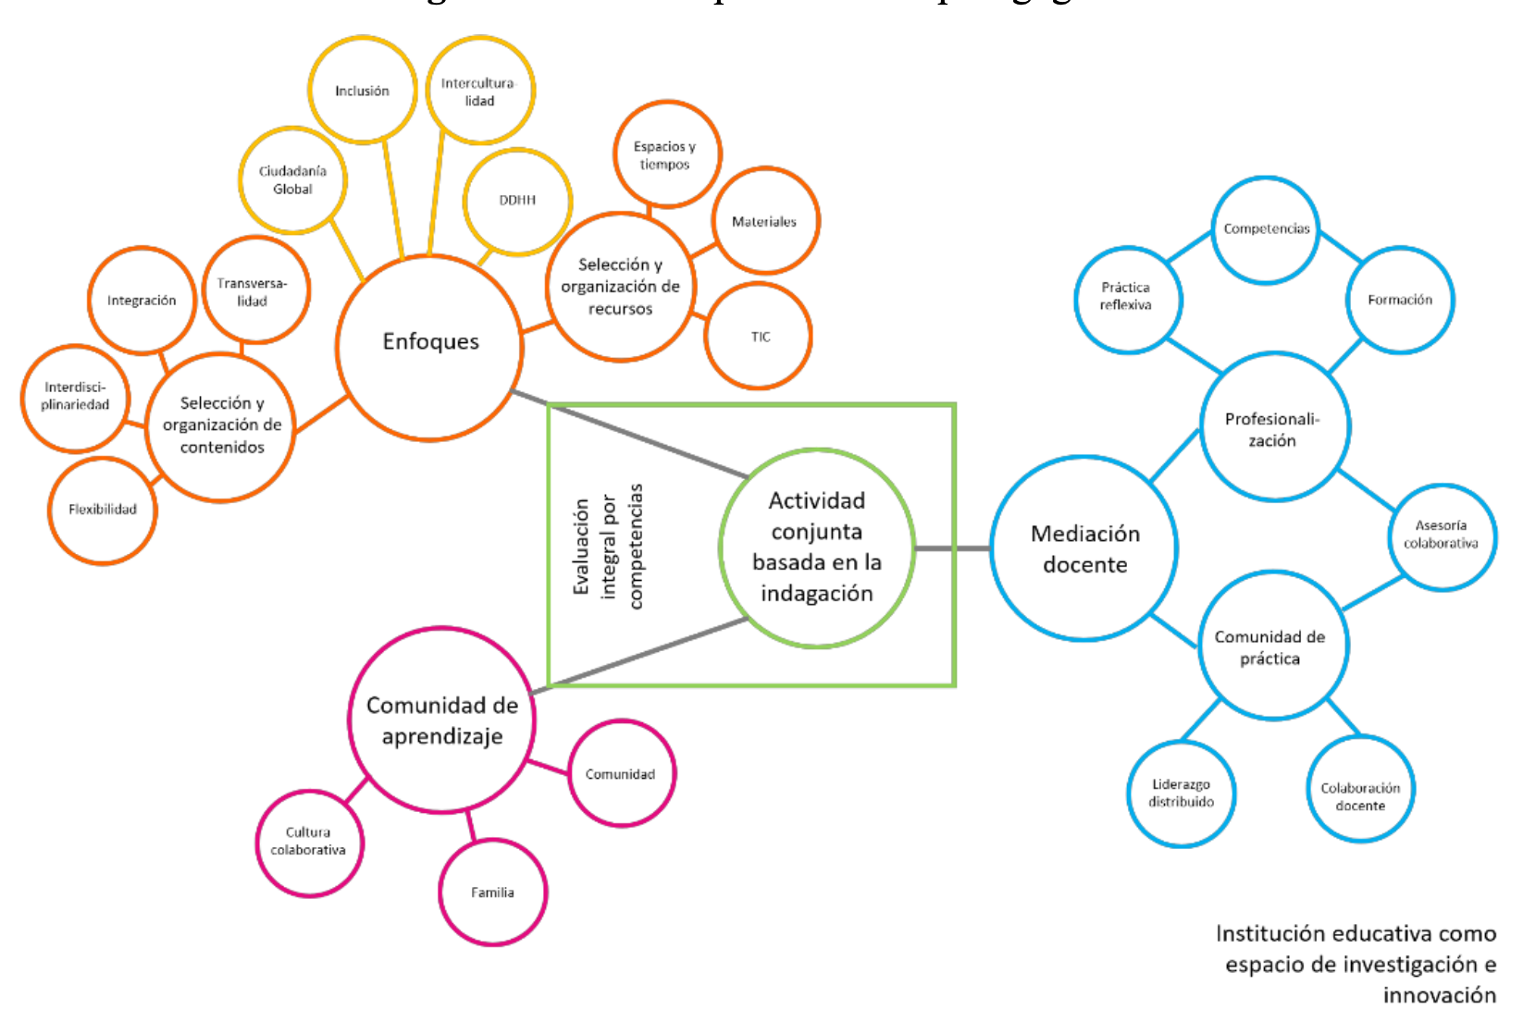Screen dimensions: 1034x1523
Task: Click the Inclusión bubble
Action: (362, 91)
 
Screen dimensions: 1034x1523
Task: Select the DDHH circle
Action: (517, 200)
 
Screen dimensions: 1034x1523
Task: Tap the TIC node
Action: (760, 337)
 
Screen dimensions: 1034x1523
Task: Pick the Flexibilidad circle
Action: (102, 510)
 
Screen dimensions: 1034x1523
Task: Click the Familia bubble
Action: (492, 892)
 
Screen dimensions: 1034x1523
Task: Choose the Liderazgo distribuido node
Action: (1181, 794)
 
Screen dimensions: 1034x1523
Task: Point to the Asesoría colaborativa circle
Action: (1441, 535)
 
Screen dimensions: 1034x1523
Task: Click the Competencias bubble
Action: (1266, 229)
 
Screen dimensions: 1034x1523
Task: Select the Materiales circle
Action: (764, 222)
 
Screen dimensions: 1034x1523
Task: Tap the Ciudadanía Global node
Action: (292, 180)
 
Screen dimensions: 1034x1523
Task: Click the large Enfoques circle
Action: (430, 343)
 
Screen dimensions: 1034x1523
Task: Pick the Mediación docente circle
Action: (1084, 548)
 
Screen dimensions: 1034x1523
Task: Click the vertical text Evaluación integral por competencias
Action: (607, 546)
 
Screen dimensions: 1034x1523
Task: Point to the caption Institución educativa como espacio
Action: (1356, 964)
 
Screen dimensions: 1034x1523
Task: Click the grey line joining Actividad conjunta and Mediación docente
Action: (953, 548)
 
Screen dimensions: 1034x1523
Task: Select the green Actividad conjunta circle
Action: (816, 548)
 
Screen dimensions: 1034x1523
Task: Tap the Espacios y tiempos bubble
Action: (665, 155)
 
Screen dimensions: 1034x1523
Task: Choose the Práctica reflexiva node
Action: (1126, 297)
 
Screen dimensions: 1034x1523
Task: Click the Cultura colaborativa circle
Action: (308, 842)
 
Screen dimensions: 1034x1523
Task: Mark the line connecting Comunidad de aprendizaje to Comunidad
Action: (548, 767)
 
